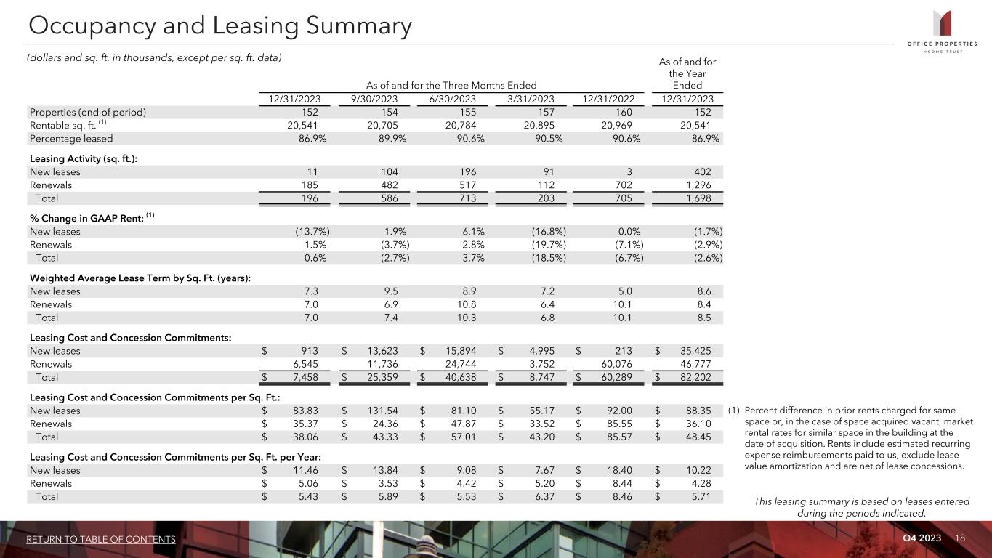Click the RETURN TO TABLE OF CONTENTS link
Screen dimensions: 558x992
[x=101, y=539]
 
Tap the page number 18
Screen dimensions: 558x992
[x=960, y=538]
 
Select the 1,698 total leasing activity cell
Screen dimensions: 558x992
[x=697, y=198]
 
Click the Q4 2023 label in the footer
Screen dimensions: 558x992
[x=922, y=538]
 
